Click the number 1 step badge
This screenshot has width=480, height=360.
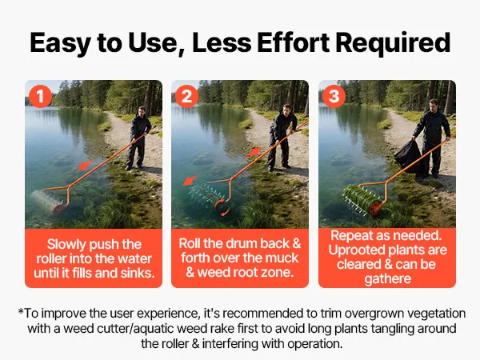(41, 97)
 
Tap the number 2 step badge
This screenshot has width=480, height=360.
(187, 97)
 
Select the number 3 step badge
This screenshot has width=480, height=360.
(334, 97)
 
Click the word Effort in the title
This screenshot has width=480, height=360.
(293, 42)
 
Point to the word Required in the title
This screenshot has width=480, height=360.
(393, 42)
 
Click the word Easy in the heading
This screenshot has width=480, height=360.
(60, 43)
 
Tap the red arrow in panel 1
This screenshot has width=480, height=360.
(86, 165)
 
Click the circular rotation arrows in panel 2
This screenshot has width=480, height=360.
(222, 207)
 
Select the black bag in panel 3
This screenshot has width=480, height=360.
(408, 156)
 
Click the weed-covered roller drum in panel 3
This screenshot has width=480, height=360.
(362, 199)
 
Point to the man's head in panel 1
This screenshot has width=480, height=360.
(142, 111)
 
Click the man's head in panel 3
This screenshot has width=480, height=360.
(433, 105)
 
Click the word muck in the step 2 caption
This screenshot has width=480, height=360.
(282, 258)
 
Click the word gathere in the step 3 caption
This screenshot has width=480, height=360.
(387, 279)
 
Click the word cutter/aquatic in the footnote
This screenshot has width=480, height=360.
(136, 329)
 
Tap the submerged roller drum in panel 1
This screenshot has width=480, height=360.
(48, 201)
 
